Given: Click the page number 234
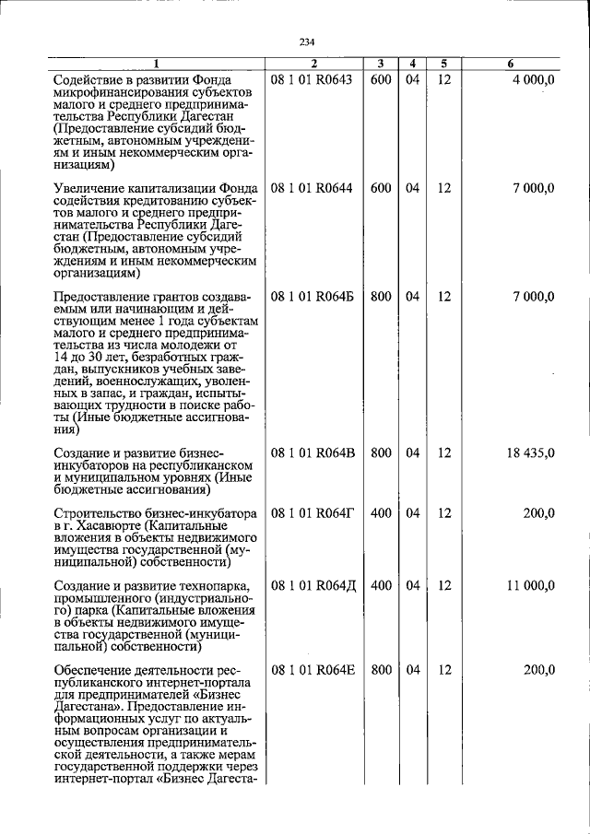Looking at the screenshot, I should tap(307, 41).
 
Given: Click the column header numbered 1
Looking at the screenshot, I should tap(156, 64).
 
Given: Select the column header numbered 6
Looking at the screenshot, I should tap(511, 64).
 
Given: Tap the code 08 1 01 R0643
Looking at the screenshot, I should tap(312, 80).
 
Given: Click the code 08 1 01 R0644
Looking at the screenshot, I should tap(312, 188).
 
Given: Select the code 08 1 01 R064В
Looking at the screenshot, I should tap(312, 452).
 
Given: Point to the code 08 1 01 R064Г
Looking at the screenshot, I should tap(312, 512).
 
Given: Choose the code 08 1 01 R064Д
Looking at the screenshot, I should tap(312, 585).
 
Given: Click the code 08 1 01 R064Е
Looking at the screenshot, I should tap(312, 669).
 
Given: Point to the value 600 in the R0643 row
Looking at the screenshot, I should tap(381, 80).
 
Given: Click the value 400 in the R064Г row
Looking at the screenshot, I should tap(381, 512).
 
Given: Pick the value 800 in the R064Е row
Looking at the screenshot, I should tap(381, 669).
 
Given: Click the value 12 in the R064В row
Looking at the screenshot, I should tap(443, 452).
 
